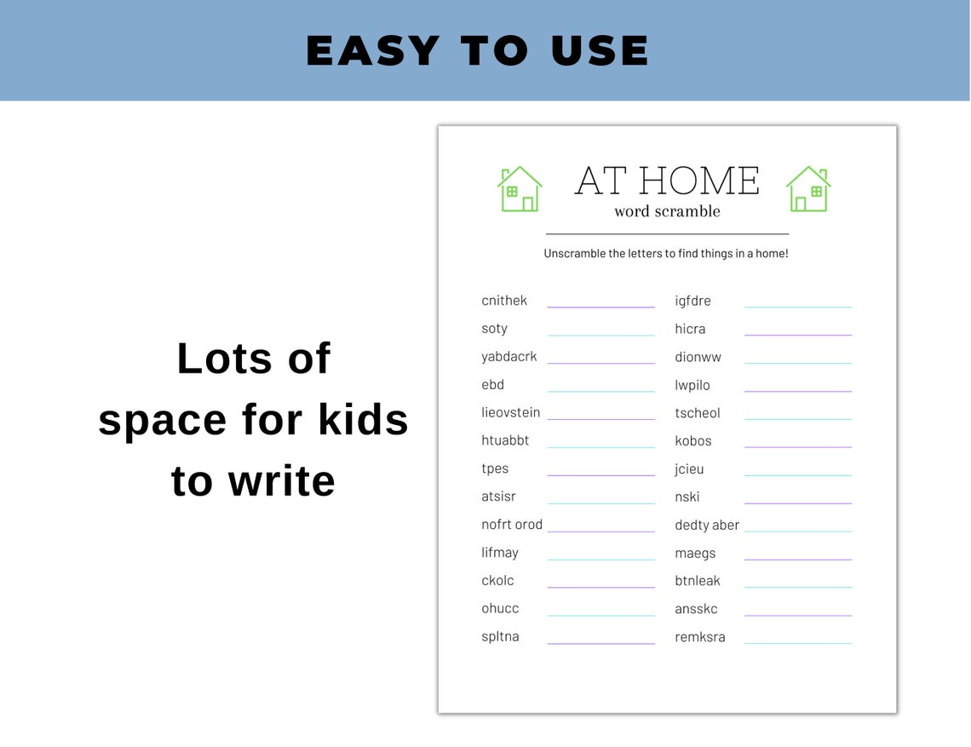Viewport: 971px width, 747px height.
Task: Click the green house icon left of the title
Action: (520, 189)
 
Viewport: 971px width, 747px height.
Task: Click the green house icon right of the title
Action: (808, 189)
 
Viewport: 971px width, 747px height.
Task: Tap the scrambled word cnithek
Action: (504, 301)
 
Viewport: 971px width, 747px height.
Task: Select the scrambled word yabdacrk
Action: (509, 357)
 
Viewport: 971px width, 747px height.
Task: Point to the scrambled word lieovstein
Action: (510, 412)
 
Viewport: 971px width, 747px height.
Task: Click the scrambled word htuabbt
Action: (505, 440)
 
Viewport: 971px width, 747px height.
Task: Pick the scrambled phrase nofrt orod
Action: (512, 525)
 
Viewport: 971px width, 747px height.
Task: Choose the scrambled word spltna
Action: (500, 636)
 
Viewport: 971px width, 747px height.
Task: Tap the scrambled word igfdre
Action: (692, 301)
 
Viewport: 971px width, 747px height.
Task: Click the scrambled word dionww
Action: (698, 357)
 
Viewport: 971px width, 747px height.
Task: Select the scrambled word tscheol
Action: (698, 413)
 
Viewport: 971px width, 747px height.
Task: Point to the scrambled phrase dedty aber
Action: (707, 525)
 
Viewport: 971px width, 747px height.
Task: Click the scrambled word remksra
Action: (700, 637)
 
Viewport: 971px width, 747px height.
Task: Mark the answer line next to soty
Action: (600, 335)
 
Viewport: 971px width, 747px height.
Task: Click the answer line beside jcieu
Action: (797, 475)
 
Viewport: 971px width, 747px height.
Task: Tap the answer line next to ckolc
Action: (600, 587)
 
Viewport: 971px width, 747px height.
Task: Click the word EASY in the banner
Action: (373, 51)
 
